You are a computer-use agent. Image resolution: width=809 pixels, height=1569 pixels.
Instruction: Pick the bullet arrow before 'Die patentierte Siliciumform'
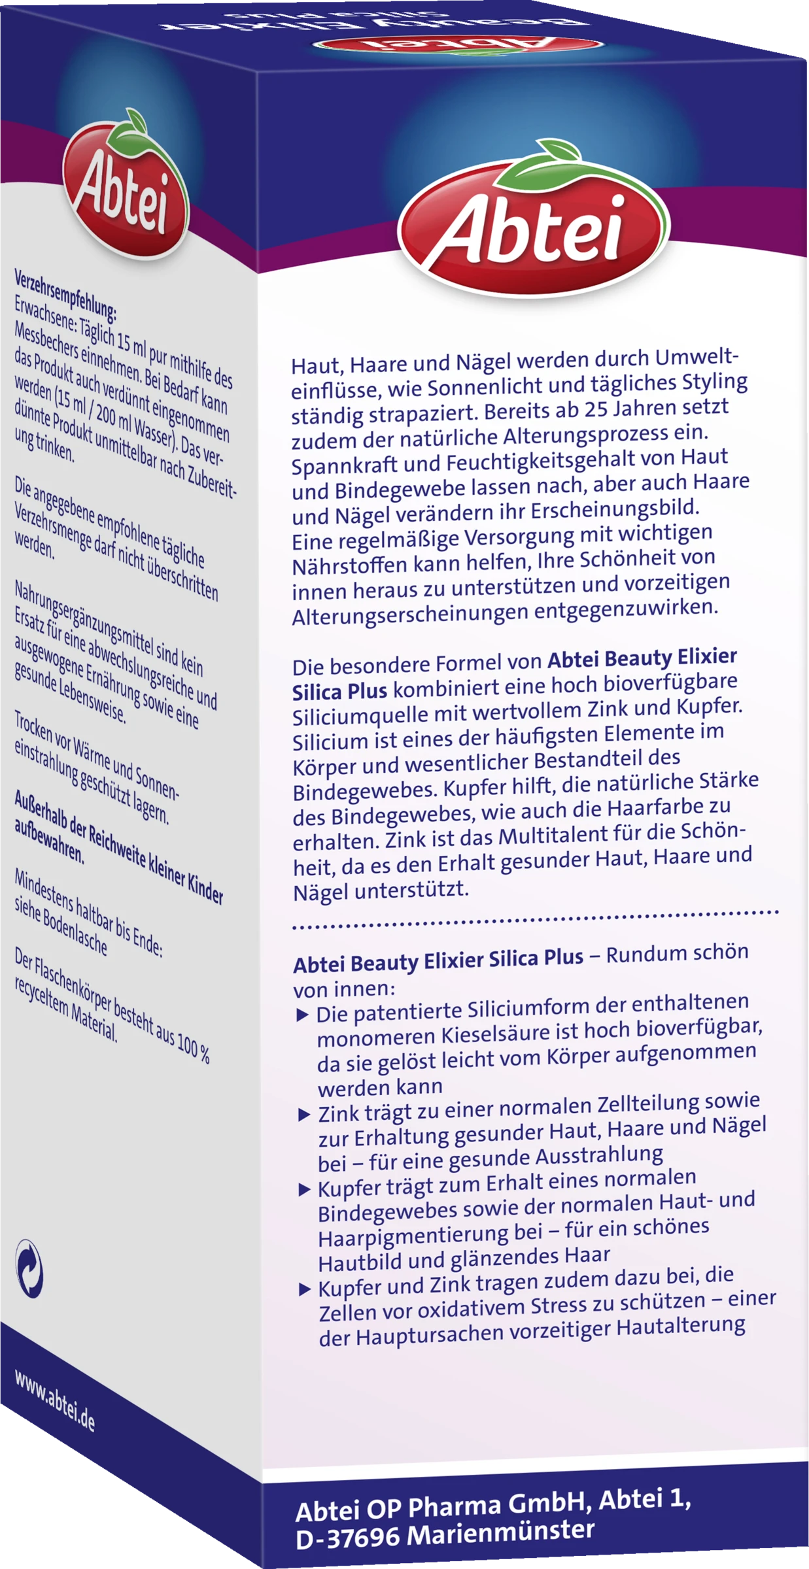(x=302, y=1015)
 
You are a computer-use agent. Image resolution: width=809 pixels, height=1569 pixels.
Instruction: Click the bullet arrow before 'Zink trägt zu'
(x=303, y=1115)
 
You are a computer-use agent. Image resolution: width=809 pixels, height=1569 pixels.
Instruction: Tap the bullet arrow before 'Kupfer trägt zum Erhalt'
(x=304, y=1189)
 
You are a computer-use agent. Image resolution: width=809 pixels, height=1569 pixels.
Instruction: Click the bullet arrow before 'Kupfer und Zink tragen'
(x=305, y=1290)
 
